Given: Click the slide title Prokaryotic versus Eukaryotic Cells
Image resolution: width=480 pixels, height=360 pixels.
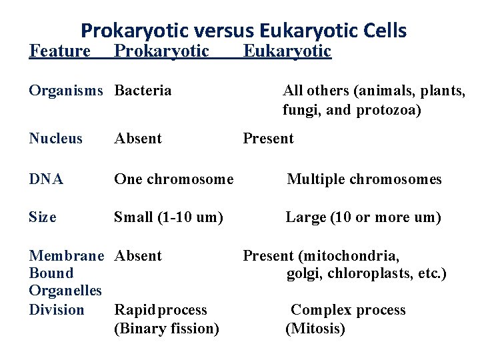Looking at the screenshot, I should (243, 31).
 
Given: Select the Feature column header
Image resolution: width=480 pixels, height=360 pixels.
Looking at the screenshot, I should (60, 51).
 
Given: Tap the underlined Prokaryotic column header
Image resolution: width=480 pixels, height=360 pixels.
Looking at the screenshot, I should (162, 51).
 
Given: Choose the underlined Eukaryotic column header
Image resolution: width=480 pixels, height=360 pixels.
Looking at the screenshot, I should (287, 51).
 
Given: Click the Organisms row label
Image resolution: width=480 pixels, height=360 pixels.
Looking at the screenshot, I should (66, 91).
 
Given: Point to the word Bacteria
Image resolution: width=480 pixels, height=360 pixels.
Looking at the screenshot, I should (143, 91).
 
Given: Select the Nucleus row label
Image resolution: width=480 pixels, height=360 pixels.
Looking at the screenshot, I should (56, 139).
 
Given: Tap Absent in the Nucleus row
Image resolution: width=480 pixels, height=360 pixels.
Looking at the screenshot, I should (138, 139).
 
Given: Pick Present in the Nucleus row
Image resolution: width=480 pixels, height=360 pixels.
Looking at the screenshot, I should (268, 139).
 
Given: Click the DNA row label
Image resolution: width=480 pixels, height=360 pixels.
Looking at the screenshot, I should (46, 179).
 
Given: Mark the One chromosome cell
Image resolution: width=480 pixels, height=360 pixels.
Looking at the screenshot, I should (174, 179).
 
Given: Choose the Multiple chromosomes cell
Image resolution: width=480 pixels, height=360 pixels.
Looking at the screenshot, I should (364, 179).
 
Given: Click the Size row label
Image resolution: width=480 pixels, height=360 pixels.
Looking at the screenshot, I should (43, 217).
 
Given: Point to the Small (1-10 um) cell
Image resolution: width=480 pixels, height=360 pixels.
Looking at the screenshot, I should (169, 217).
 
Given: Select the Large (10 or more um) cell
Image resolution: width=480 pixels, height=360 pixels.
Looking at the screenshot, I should (363, 217).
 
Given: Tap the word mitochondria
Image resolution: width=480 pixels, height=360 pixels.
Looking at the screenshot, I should (359, 256).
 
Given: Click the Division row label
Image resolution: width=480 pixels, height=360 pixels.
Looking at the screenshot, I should (57, 310).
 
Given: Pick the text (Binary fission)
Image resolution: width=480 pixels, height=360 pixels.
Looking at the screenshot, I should (167, 329).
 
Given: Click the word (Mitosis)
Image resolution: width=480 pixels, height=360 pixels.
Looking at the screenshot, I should (315, 329).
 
